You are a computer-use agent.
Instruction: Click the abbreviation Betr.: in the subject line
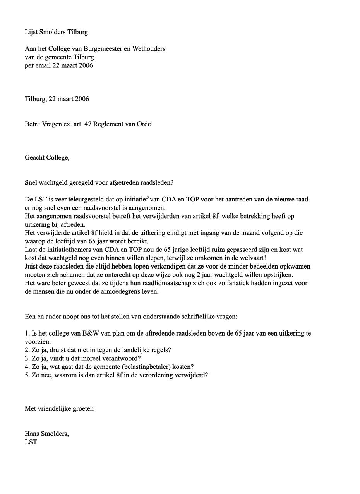click(33, 124)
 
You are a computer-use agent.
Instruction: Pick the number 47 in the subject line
click(88, 124)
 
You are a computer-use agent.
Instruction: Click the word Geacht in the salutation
click(35, 158)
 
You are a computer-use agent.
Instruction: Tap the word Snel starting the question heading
click(31, 183)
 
